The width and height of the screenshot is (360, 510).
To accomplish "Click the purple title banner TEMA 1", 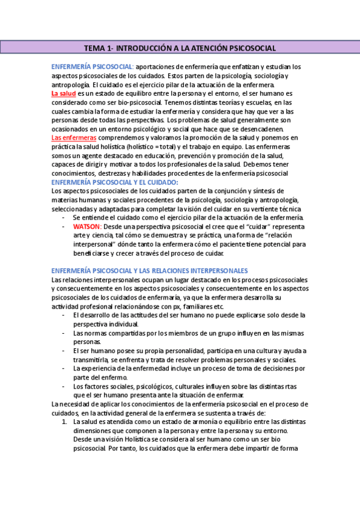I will (180, 47).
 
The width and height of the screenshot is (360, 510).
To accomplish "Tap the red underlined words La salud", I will (64, 94).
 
